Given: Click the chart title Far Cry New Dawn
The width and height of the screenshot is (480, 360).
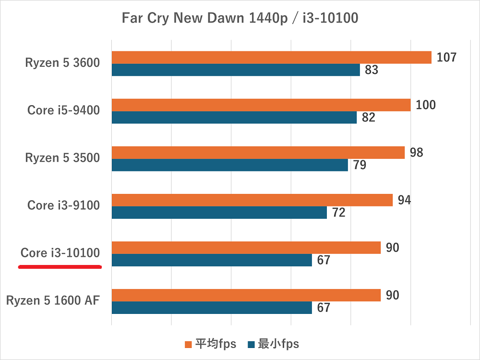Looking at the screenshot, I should pyautogui.click(x=240, y=19).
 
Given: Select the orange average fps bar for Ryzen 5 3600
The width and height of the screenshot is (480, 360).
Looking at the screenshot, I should pyautogui.click(x=271, y=58).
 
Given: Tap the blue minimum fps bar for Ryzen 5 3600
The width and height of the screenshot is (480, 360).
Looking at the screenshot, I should pyautogui.click(x=235, y=70).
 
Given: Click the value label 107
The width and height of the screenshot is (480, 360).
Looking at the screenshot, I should pyautogui.click(x=446, y=58).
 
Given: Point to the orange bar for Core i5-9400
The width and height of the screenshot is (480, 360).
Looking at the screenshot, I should pyautogui.click(x=261, y=105).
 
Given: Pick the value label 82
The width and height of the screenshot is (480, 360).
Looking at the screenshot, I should pyautogui.click(x=368, y=118).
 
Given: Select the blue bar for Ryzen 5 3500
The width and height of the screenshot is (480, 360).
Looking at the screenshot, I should pyautogui.click(x=229, y=165).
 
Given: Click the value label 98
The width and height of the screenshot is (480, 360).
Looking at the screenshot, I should pyautogui.click(x=416, y=153).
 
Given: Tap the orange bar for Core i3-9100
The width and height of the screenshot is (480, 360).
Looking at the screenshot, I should pyautogui.click(x=252, y=200).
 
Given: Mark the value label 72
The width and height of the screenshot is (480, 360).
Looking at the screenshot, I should pyautogui.click(x=338, y=213).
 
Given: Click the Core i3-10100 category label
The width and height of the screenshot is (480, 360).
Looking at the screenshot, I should pyautogui.click(x=60, y=253).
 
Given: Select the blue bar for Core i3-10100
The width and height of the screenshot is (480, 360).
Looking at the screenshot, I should pyautogui.click(x=211, y=260).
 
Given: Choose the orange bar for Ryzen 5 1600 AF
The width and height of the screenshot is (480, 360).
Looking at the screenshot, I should pyautogui.click(x=246, y=295).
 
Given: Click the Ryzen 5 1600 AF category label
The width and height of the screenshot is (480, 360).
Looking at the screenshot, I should pyautogui.click(x=53, y=301).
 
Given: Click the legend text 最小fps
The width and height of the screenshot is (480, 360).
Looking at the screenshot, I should pyautogui.click(x=278, y=344).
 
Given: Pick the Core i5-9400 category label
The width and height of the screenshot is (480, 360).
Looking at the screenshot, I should pyautogui.click(x=63, y=110).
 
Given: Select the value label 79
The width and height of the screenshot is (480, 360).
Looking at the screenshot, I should pyautogui.click(x=359, y=165).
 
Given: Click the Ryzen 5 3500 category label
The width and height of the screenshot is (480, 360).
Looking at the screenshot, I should pyautogui.click(x=62, y=158).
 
